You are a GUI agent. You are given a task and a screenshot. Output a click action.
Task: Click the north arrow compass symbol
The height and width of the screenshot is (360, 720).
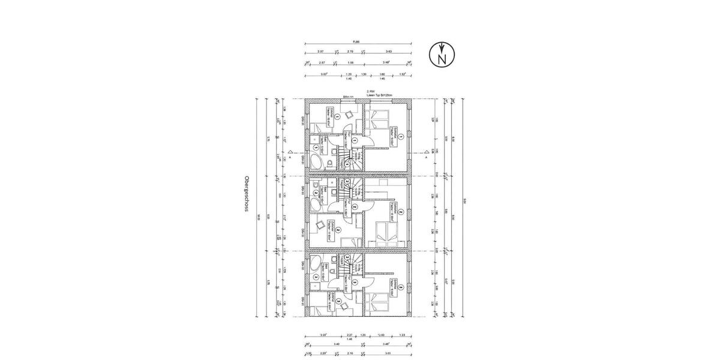point(442,56)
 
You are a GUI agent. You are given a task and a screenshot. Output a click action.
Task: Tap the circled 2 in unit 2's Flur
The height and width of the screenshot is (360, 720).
point(355,206)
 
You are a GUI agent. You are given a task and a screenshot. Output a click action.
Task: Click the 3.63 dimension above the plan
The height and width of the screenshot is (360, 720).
point(389,52)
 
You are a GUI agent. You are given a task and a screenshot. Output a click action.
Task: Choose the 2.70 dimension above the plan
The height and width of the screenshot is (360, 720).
point(350,52)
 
